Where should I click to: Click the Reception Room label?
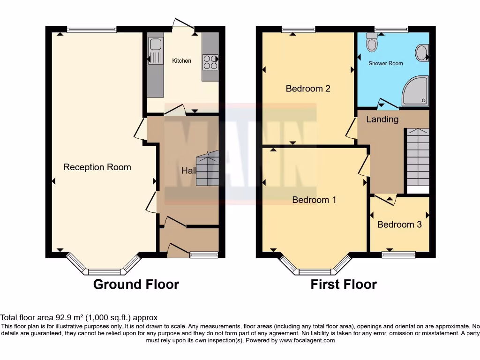(x=97, y=167)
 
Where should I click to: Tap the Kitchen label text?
(x=181, y=61)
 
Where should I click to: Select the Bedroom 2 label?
(x=308, y=89)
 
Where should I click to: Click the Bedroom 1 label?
(x=314, y=200)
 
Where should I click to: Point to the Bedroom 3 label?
(x=399, y=225)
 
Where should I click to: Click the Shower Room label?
(x=385, y=63)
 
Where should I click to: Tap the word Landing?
(x=382, y=120)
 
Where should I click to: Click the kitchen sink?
(x=155, y=45)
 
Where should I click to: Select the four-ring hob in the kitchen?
(x=210, y=62)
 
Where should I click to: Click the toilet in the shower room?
(x=372, y=43)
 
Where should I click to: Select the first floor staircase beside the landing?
(x=417, y=157)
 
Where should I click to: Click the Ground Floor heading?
(x=136, y=284)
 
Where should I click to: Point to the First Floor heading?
(x=344, y=284)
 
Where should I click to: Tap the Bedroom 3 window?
(x=398, y=255)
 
